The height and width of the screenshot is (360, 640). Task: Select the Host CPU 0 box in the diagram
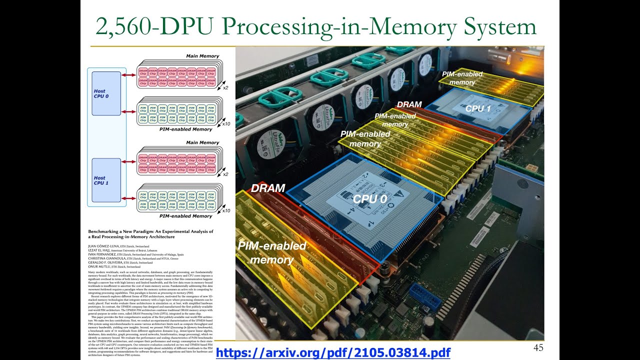click(106, 93)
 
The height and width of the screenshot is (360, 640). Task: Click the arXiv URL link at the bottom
click(333, 352)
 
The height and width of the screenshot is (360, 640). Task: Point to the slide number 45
click(538, 348)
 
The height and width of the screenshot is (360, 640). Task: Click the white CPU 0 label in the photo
click(370, 198)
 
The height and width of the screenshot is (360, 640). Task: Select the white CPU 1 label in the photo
click(478, 108)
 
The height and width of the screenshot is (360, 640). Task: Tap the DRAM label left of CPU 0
click(268, 188)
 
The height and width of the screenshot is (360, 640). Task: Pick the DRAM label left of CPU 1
click(409, 104)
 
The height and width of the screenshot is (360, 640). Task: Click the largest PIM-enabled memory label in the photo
click(271, 252)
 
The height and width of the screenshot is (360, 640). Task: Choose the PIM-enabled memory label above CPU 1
click(462, 78)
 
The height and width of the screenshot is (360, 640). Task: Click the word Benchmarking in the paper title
click(108, 231)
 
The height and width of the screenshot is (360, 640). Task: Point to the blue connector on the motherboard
click(425, 296)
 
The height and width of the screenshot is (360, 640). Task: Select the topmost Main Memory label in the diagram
click(202, 56)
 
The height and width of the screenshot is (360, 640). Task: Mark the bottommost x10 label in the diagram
click(226, 210)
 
